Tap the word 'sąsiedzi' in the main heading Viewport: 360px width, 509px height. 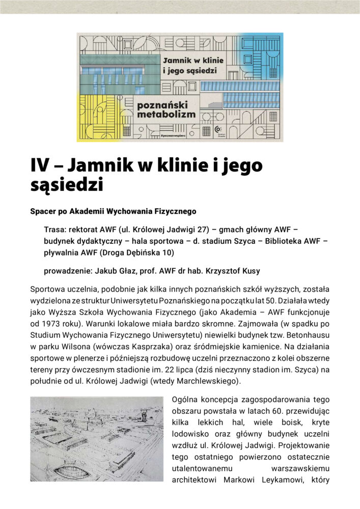67,184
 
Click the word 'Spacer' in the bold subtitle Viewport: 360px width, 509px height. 43,211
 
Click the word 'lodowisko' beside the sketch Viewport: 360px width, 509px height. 191,433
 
